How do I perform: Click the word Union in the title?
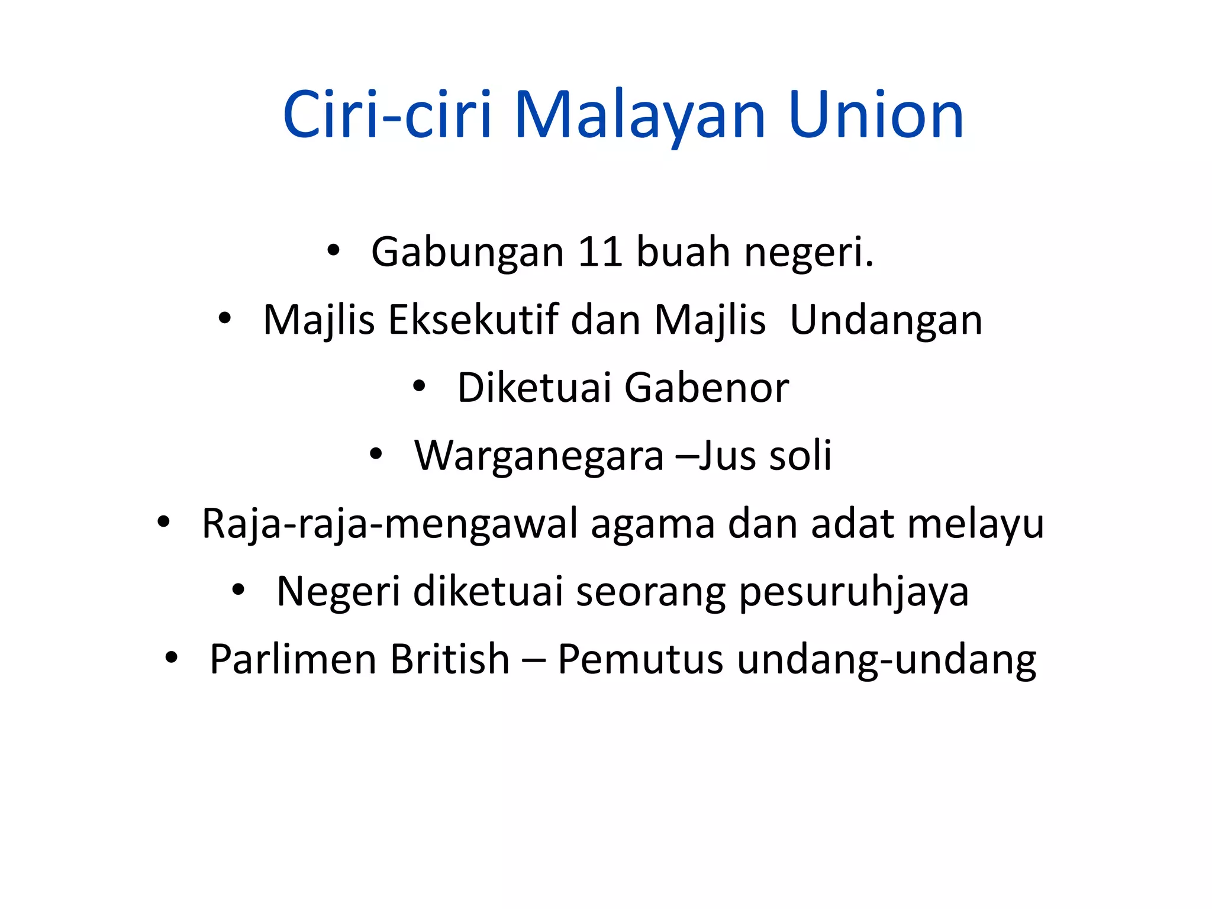876,115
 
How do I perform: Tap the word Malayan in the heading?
640,115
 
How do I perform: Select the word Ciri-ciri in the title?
388,115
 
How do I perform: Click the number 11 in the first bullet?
599,252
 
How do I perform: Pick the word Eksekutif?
473,320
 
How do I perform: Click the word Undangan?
886,320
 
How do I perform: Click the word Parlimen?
294,659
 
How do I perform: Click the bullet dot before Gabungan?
333,251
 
